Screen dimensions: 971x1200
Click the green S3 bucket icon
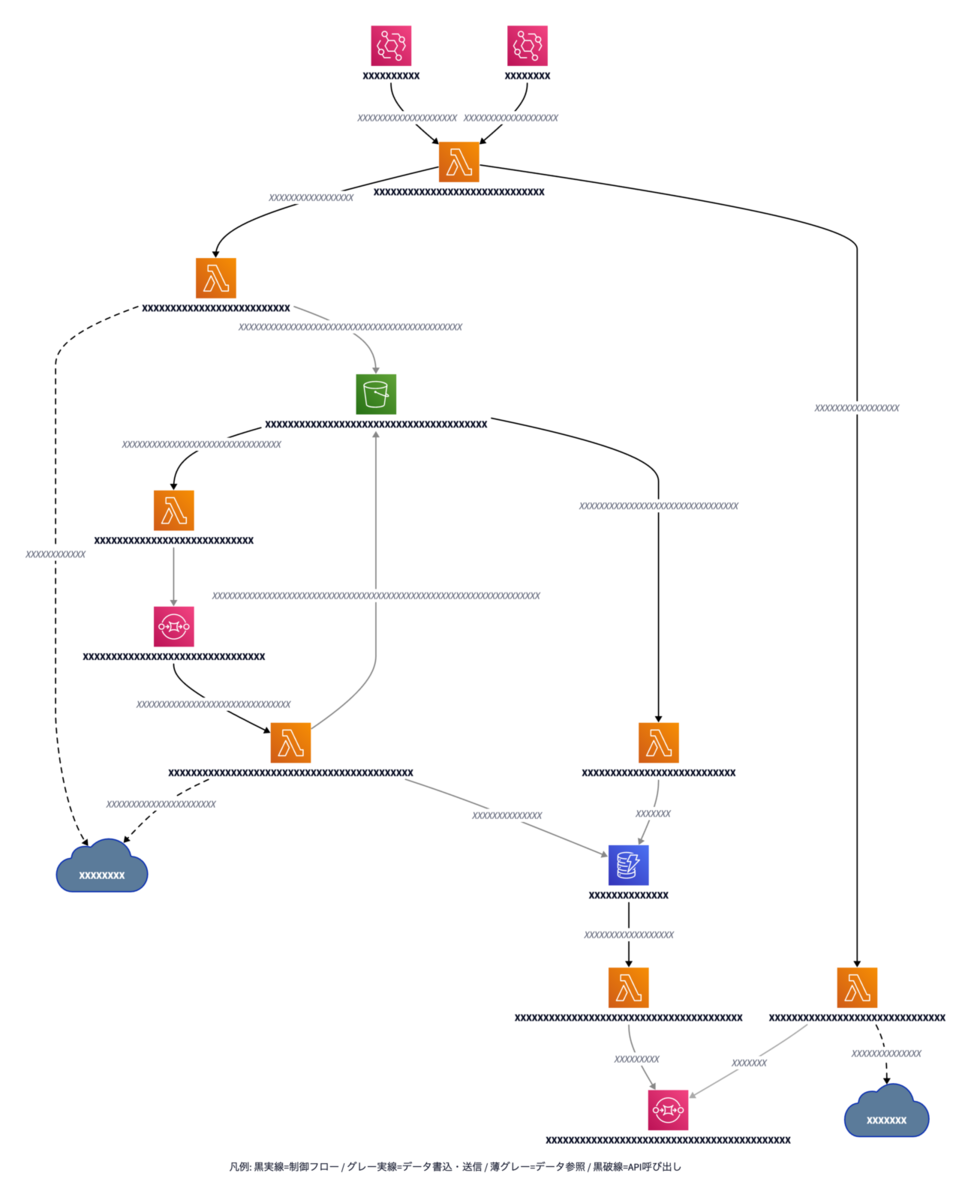click(376, 394)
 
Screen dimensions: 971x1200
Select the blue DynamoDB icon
click(628, 865)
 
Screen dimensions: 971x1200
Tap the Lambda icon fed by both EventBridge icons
click(458, 162)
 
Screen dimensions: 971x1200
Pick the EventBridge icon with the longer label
click(391, 46)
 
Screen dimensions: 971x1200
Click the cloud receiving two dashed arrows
click(102, 866)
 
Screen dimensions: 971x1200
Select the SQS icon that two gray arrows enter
click(668, 1110)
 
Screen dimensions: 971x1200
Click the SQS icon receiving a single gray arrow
click(173, 626)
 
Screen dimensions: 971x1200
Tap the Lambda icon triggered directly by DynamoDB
click(628, 988)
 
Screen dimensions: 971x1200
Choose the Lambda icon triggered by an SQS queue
click(291, 743)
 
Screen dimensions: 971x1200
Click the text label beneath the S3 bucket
click(376, 424)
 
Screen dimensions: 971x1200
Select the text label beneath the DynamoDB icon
click(628, 895)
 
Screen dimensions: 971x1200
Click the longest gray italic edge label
click(376, 595)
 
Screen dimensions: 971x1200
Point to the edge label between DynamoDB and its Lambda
click(629, 935)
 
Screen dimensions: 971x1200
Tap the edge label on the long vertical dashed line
click(55, 554)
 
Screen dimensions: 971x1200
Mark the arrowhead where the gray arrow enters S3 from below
click(376, 434)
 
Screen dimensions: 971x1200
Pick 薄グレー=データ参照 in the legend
click(537, 1167)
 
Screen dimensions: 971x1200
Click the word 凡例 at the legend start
click(239, 1167)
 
